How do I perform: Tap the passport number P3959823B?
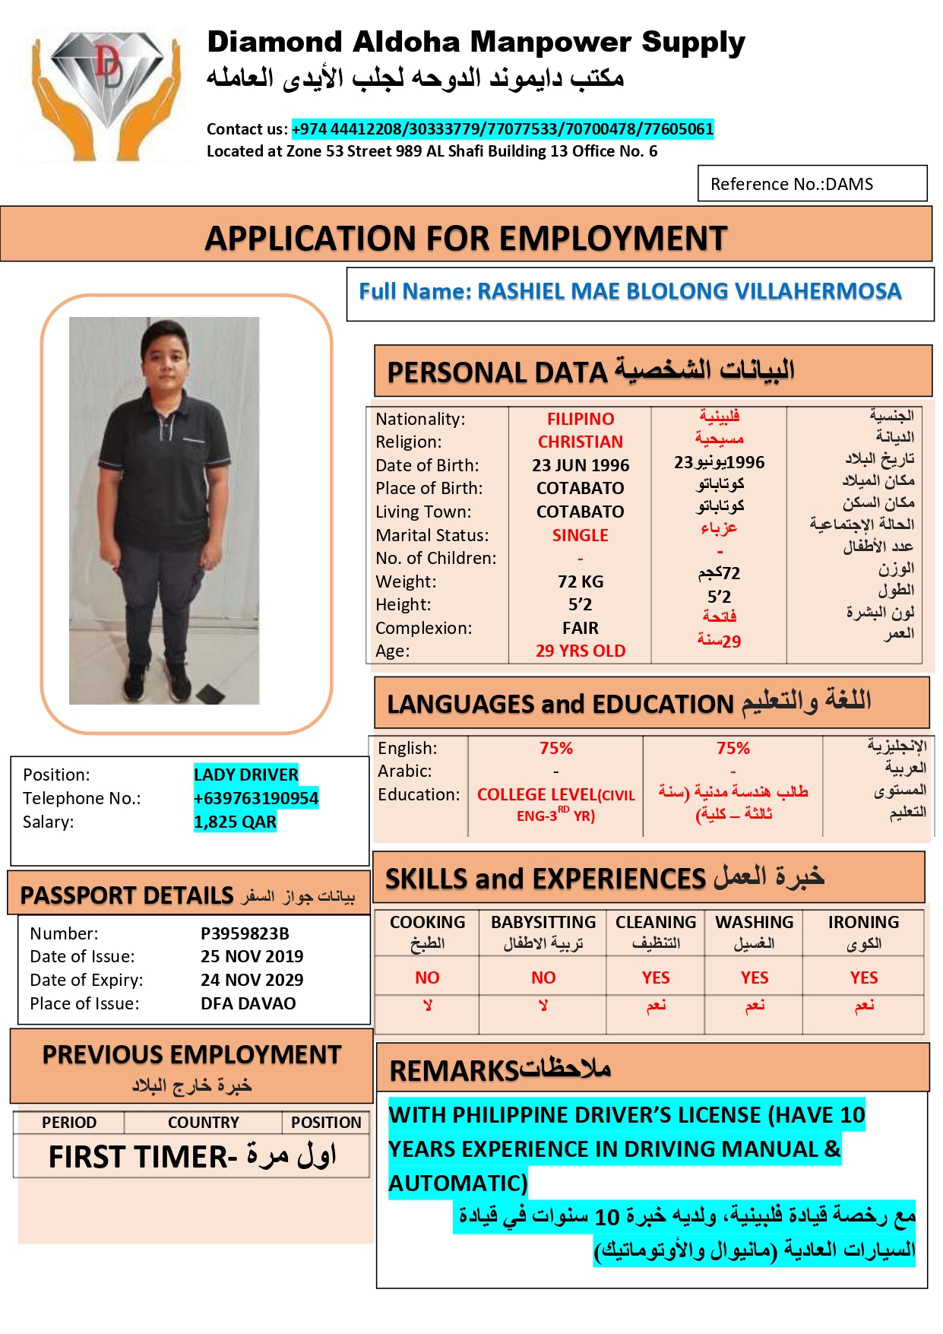[x=245, y=933]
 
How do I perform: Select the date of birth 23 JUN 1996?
[x=581, y=465]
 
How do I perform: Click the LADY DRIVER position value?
[x=245, y=775]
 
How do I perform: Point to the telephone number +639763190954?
[x=255, y=798]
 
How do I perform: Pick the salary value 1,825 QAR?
[x=235, y=822]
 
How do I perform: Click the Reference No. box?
[x=812, y=184]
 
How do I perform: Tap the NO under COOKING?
[x=427, y=978]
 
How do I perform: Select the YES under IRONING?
[x=864, y=978]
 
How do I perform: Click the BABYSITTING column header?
[x=543, y=922]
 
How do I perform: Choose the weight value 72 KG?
[x=581, y=581]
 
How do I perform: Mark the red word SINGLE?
[x=581, y=535]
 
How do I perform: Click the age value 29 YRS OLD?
[x=581, y=651]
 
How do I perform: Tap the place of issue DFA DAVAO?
[x=248, y=1003]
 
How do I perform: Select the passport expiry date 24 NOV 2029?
[x=252, y=980]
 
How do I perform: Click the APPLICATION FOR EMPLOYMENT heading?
[x=466, y=239]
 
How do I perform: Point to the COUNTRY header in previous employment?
[x=203, y=1123]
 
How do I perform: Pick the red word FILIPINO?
[x=581, y=419]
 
